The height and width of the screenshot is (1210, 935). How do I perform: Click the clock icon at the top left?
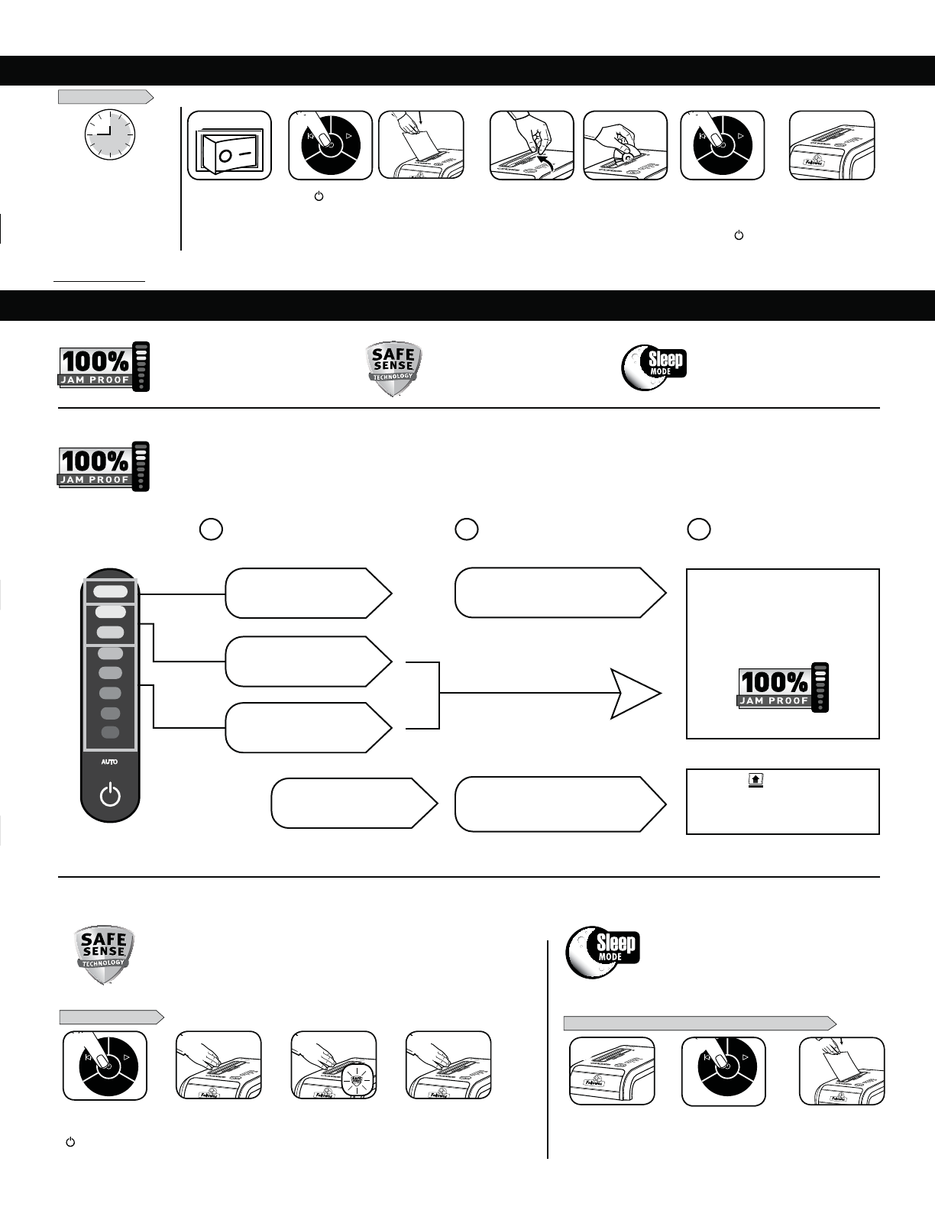[x=108, y=134]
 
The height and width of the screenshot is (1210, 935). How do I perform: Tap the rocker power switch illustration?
[x=229, y=146]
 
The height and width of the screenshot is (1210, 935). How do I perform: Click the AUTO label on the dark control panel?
[x=110, y=762]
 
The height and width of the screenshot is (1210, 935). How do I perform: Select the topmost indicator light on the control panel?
[x=111, y=591]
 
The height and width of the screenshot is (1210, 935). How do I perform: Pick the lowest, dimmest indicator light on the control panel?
[x=110, y=733]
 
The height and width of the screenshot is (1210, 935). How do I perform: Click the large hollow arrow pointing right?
[x=635, y=693]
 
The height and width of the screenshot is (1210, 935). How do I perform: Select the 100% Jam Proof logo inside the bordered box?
[x=783, y=687]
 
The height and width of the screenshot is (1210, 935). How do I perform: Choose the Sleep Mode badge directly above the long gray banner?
[x=603, y=953]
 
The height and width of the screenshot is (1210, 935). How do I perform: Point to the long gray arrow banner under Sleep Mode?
[x=699, y=1024]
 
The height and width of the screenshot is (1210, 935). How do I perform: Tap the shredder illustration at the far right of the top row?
[x=832, y=146]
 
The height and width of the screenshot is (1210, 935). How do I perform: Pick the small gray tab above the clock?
[x=105, y=97]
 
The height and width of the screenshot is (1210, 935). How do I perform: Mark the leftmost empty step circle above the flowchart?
[x=211, y=529]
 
